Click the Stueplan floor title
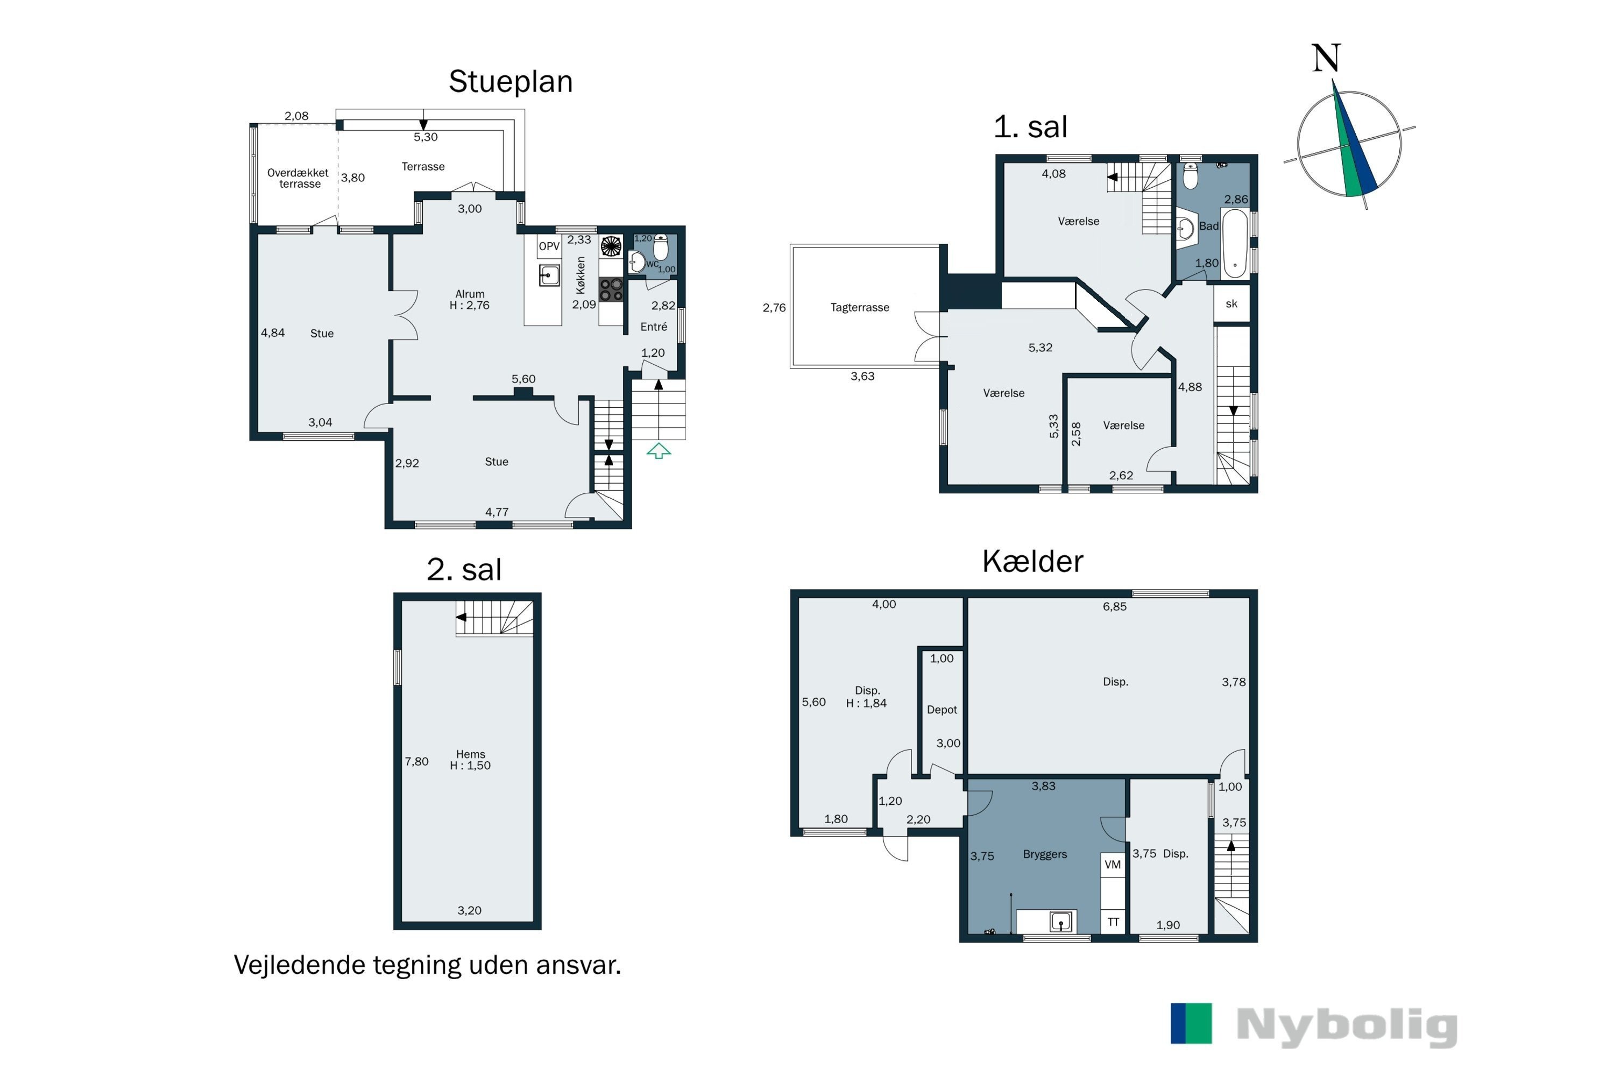(511, 82)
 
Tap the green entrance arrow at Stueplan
(659, 451)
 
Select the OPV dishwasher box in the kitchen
(549, 246)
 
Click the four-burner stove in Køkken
(611, 289)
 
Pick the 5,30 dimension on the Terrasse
(426, 137)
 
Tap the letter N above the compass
(1326, 58)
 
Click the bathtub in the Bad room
(1235, 244)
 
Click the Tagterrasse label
(860, 307)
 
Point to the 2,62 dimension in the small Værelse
(1121, 476)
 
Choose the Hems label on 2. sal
(470, 754)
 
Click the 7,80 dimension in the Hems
(416, 762)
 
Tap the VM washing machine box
(1113, 865)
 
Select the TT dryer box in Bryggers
(1113, 922)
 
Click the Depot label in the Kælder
(942, 710)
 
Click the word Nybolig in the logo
(1347, 1026)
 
